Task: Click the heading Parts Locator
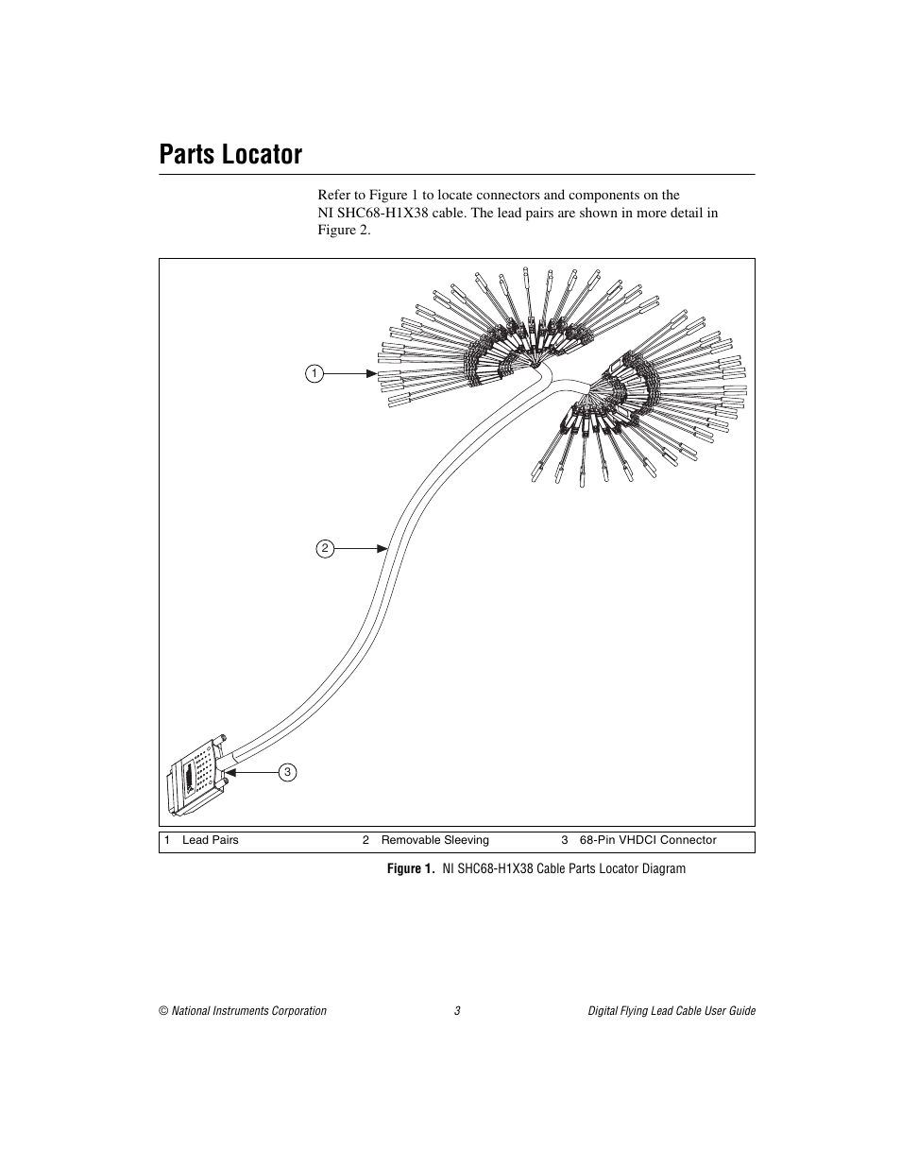click(x=231, y=154)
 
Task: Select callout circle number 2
click(x=325, y=548)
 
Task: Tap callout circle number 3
click(x=288, y=772)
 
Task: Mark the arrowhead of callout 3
click(x=229, y=772)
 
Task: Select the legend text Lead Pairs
click(x=210, y=840)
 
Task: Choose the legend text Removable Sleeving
click(x=434, y=840)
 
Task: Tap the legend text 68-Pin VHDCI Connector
click(x=648, y=840)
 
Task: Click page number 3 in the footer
click(x=457, y=1011)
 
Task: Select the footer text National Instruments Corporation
click(x=248, y=1011)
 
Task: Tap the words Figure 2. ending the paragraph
click(x=344, y=230)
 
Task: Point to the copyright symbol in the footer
click(x=163, y=1011)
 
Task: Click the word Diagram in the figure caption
click(x=663, y=868)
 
